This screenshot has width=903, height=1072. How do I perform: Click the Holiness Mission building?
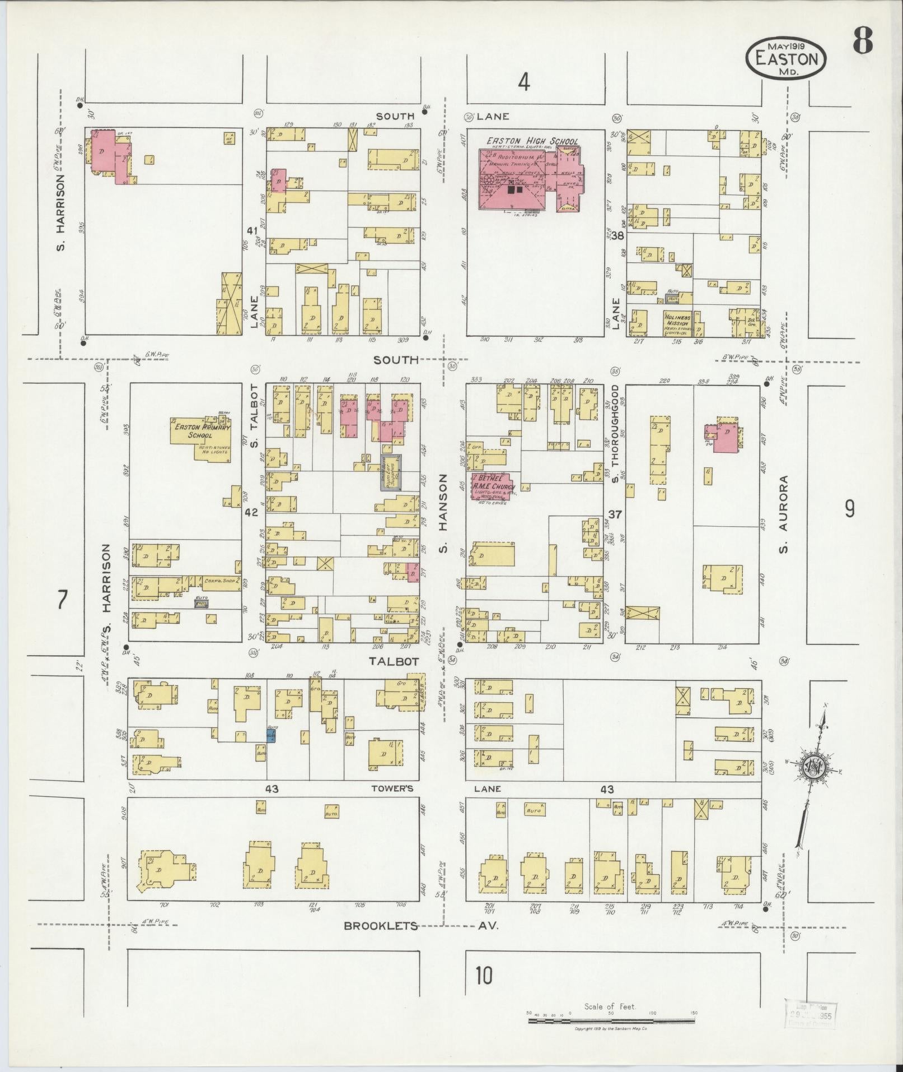click(677, 323)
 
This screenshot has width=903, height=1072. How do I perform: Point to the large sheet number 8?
click(862, 40)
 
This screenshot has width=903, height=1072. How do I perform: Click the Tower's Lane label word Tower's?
click(392, 789)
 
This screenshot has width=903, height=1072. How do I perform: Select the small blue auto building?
click(271, 735)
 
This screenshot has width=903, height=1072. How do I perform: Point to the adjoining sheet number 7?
click(62, 600)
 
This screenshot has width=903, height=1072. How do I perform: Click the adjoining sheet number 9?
click(849, 509)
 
